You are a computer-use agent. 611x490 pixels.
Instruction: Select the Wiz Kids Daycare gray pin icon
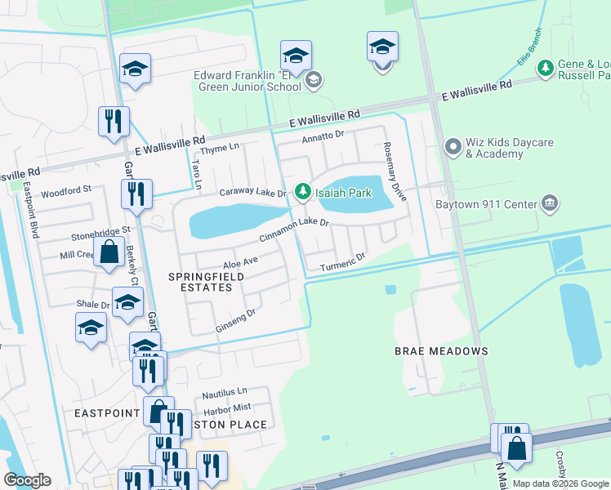(x=452, y=147)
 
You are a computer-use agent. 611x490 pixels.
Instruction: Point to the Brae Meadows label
(x=441, y=351)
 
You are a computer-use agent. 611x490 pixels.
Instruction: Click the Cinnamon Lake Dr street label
(x=293, y=229)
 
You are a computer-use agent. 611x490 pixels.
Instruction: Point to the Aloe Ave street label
(x=240, y=262)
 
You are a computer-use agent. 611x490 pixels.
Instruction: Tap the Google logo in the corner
(x=28, y=479)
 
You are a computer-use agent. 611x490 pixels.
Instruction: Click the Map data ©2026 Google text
(x=560, y=483)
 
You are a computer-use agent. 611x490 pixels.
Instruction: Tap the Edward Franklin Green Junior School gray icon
(x=314, y=80)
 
